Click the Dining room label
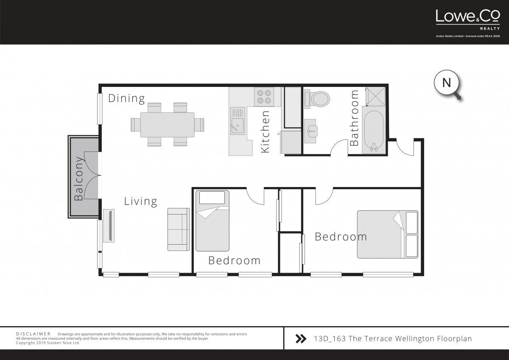pos(126,98)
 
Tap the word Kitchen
pos(265,131)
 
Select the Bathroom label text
pos(354,117)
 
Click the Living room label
pos(140,201)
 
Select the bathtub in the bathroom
pos(374,130)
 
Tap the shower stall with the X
pos(376,96)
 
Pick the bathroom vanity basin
pos(310,131)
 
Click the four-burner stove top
pos(264,97)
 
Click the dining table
pos(167,125)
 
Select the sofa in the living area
pos(179,229)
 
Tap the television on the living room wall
pos(109,226)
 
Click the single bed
pos(212,221)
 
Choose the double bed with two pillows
pos(388,234)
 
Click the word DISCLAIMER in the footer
pos(33,334)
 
